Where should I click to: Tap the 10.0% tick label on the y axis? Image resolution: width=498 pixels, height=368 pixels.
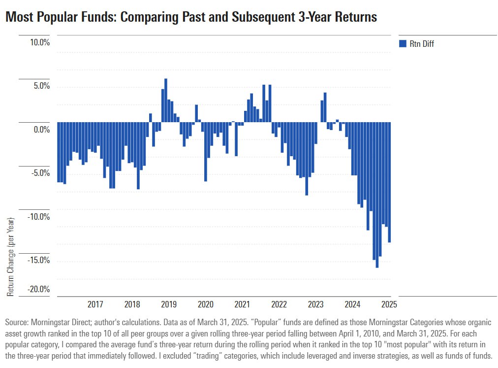(x=40, y=42)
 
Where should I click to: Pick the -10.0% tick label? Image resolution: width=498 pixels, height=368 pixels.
(x=39, y=217)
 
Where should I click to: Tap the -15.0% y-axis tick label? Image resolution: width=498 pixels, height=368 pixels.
(x=39, y=260)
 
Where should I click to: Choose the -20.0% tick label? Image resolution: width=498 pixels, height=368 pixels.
(x=39, y=289)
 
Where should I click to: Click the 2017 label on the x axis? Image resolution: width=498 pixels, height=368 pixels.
(x=95, y=304)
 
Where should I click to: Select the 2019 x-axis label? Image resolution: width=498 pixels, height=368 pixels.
(x=169, y=304)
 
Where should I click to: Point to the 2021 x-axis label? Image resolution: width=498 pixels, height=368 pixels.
(x=242, y=304)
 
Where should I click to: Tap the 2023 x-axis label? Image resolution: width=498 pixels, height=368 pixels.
(x=315, y=304)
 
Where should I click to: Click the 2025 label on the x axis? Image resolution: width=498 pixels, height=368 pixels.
(x=388, y=304)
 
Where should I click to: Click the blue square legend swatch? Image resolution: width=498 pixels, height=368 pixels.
(x=402, y=44)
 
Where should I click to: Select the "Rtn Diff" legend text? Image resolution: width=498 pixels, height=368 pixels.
(x=422, y=44)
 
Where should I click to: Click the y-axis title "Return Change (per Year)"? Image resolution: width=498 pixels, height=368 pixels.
(x=11, y=256)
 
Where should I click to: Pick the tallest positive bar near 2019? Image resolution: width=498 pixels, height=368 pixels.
(x=166, y=100)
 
